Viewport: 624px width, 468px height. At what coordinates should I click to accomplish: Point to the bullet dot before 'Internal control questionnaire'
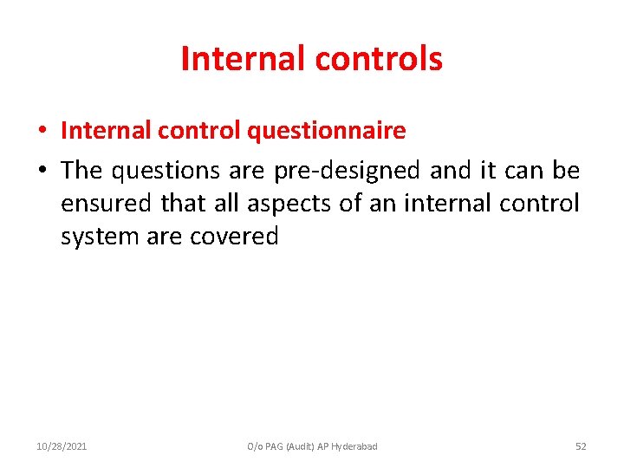(x=42, y=132)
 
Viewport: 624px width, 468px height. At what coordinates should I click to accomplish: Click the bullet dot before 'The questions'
(x=42, y=171)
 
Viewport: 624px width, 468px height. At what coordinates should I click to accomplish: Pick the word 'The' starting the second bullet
(x=81, y=170)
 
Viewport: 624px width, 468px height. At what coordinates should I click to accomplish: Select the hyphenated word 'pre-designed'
(x=348, y=170)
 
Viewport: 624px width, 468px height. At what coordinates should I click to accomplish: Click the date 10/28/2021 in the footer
(x=62, y=446)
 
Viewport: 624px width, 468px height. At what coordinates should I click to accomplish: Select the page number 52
(x=581, y=446)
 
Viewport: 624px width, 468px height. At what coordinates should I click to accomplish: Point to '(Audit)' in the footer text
(x=290, y=446)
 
